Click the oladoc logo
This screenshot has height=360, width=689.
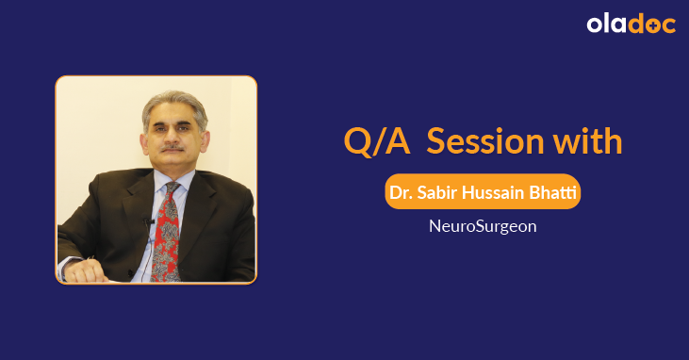pos(632,25)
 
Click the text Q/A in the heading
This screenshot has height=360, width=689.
pos(375,140)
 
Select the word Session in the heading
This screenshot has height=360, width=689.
pos(484,140)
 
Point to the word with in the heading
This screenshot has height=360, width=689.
pos(586,140)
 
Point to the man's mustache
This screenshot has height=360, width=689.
pos(172,149)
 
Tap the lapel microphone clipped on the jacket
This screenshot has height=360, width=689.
pos(149,221)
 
